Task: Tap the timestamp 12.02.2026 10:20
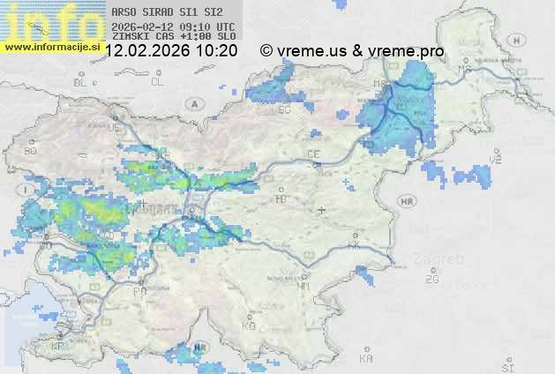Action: pos(170,51)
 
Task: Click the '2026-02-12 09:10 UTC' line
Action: pos(173,26)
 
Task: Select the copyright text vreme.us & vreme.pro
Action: pos(352,51)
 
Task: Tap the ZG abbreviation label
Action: pos(431,280)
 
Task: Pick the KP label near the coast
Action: pos(58,347)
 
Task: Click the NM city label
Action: pos(304,286)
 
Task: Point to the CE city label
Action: pos(312,154)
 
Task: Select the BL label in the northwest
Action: pos(82,82)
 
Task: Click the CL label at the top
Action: pos(157,82)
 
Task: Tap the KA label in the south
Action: pos(366,359)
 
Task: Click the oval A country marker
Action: pos(193,103)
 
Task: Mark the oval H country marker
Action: pos(498,156)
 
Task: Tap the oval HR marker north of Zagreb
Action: pos(407,202)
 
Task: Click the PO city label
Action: pos(139,290)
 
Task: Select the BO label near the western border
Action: pos(31,151)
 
